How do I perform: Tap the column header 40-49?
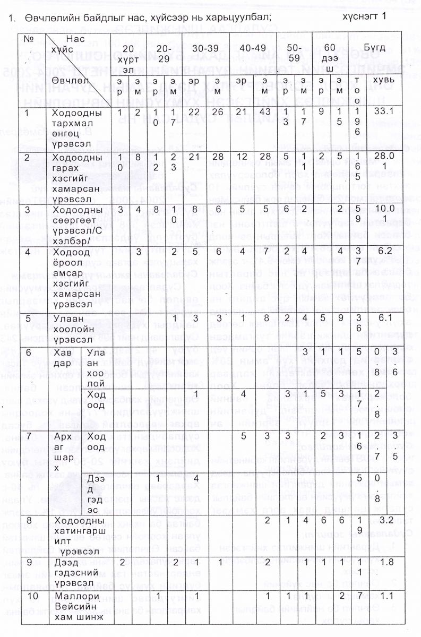(250, 48)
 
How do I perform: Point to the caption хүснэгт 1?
(366, 16)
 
